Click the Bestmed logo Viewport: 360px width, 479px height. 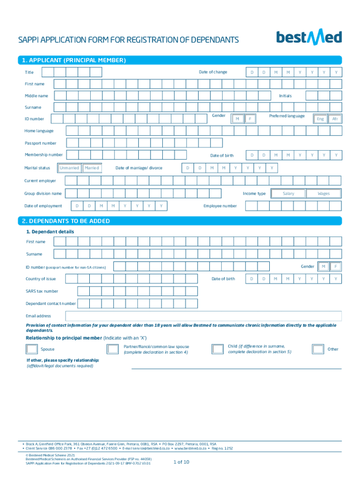coord(309,37)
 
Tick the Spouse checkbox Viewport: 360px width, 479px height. coord(32,349)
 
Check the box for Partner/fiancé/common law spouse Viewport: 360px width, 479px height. coord(113,349)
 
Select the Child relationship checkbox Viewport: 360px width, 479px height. coord(217,349)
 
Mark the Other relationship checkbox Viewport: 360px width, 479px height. coord(318,349)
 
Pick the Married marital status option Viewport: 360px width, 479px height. coord(92,167)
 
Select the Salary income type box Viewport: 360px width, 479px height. coord(288,193)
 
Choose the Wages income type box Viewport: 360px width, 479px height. coord(324,193)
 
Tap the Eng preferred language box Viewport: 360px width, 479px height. coord(320,119)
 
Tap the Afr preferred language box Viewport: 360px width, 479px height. coord(335,119)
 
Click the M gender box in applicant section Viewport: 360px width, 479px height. coord(238,119)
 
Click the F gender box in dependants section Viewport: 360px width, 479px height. coord(335,267)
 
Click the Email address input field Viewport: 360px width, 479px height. coord(203,316)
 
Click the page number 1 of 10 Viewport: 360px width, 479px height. coord(181,462)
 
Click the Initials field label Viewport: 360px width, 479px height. coord(285,95)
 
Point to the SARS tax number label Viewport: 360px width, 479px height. coord(42,291)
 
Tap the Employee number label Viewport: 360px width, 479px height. coord(220,206)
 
